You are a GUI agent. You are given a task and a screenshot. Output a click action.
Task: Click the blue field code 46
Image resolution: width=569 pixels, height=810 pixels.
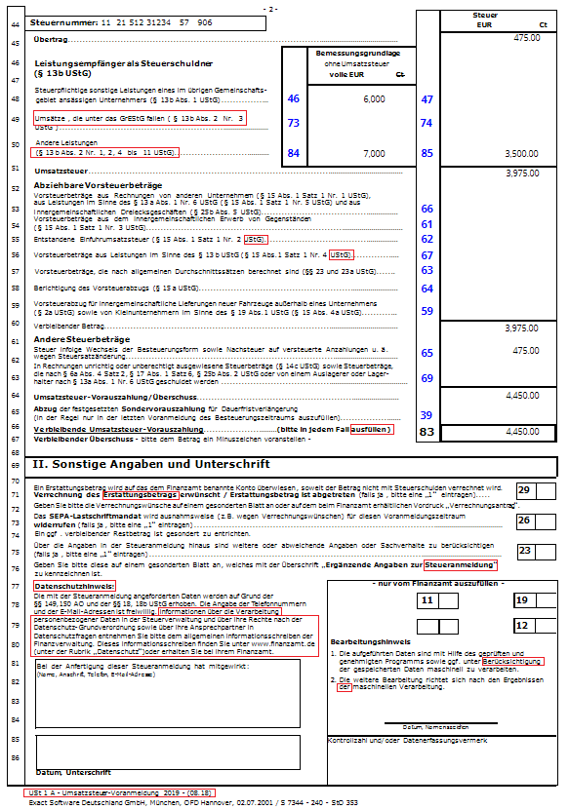[x=293, y=99]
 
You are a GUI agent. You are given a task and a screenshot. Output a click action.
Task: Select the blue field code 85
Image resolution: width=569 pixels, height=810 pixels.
[x=427, y=153]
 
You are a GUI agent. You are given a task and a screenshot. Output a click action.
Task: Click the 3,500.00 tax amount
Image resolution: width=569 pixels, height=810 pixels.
[x=521, y=154]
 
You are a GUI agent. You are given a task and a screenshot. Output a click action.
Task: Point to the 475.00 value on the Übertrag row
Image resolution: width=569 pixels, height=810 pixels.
[x=526, y=37]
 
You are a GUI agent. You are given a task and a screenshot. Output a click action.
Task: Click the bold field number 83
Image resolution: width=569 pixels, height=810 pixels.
[x=427, y=430]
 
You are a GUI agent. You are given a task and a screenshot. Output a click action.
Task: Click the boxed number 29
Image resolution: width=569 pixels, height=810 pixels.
[x=524, y=489]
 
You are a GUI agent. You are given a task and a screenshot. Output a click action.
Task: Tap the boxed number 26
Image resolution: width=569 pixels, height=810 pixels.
[x=524, y=521]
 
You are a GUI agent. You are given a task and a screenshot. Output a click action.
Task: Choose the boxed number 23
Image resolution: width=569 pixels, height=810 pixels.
[x=524, y=551]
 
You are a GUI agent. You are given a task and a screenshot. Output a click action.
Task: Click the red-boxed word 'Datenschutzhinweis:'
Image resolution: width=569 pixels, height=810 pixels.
[x=74, y=586]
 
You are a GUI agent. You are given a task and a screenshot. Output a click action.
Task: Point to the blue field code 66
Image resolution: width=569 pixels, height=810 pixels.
[x=427, y=209]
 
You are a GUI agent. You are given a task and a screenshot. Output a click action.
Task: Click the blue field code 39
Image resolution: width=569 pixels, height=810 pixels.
[x=427, y=415]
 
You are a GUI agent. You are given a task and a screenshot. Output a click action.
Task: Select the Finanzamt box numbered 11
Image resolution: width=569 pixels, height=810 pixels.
[x=427, y=601]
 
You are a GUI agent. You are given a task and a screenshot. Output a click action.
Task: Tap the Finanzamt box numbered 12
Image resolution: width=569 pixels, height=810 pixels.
[x=523, y=625]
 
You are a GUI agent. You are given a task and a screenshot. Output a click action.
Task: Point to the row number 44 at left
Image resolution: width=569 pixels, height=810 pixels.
[x=15, y=21]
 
